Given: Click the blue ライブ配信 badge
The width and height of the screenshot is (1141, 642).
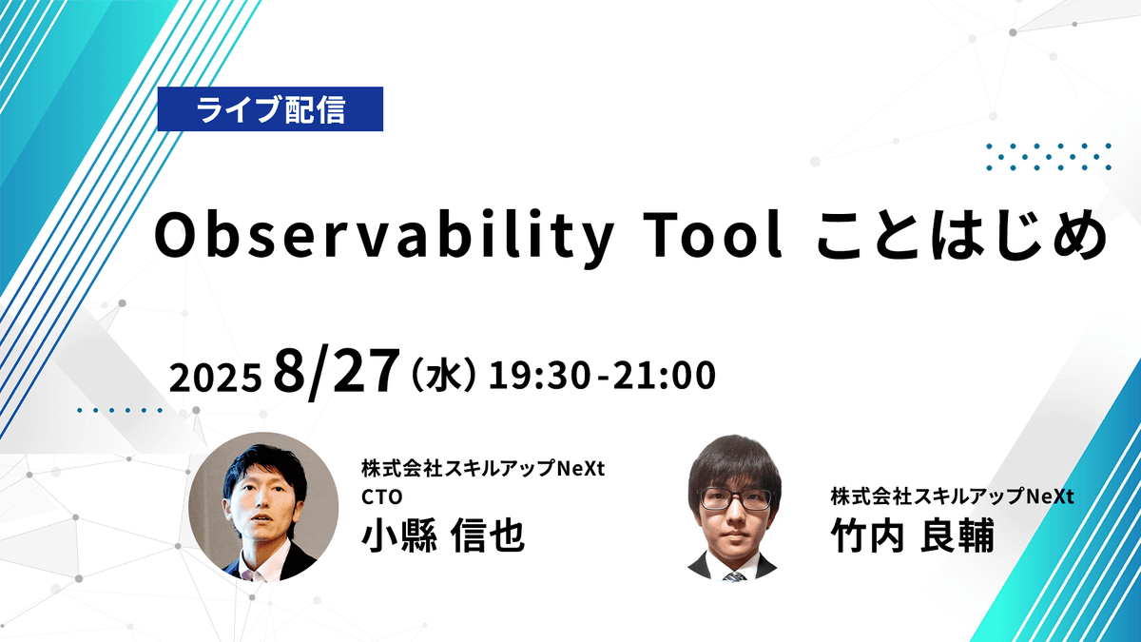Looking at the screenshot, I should click(270, 109).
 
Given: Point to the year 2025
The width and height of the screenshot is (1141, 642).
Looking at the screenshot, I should click(215, 378).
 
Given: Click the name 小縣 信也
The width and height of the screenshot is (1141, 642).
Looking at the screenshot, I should click(442, 537).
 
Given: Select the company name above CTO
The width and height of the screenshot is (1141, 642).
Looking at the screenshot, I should click(483, 469).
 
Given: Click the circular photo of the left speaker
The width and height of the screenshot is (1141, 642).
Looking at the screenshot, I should click(263, 507).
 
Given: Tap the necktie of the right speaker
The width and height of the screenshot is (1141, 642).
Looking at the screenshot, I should click(733, 574).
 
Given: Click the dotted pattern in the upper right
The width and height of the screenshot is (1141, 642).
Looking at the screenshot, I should click(1049, 156).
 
